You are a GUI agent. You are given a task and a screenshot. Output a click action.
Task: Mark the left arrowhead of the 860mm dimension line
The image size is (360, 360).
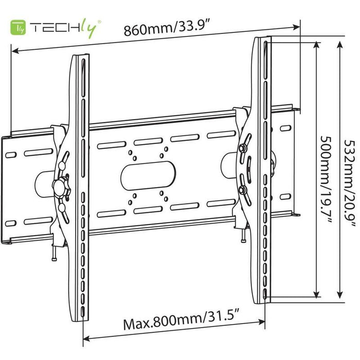coord(14,50)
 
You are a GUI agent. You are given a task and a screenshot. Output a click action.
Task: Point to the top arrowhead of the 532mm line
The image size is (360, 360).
coord(339,44)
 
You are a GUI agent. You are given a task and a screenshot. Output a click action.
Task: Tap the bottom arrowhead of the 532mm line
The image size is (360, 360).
coord(339,296)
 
